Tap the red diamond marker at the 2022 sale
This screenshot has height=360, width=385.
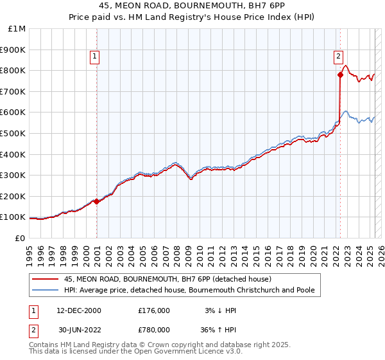340,75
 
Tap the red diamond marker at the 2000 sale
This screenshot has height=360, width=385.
96,201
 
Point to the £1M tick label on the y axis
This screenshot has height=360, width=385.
17,29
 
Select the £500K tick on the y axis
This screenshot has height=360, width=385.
13,133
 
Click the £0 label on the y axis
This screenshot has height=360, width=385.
20,238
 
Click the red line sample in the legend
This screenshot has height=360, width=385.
45,279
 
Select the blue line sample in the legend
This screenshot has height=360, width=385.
45,291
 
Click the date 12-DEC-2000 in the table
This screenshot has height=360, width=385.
79,310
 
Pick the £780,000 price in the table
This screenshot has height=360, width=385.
154,330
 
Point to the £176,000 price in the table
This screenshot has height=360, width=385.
154,310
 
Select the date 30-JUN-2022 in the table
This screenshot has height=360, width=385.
79,330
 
